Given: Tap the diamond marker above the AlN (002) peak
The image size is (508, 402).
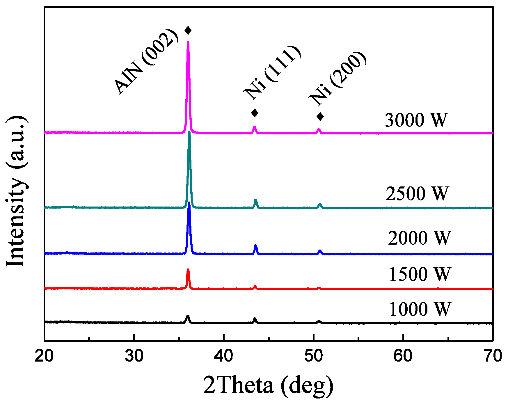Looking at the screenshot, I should [188, 30].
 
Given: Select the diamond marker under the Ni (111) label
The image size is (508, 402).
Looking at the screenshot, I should [255, 113].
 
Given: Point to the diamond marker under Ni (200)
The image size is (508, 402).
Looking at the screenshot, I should [320, 117].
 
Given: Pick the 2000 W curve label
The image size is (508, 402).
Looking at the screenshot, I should [419, 238].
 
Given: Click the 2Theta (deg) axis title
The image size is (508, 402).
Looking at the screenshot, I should [268, 385].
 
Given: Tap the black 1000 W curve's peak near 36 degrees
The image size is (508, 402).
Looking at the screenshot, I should [188, 316].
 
